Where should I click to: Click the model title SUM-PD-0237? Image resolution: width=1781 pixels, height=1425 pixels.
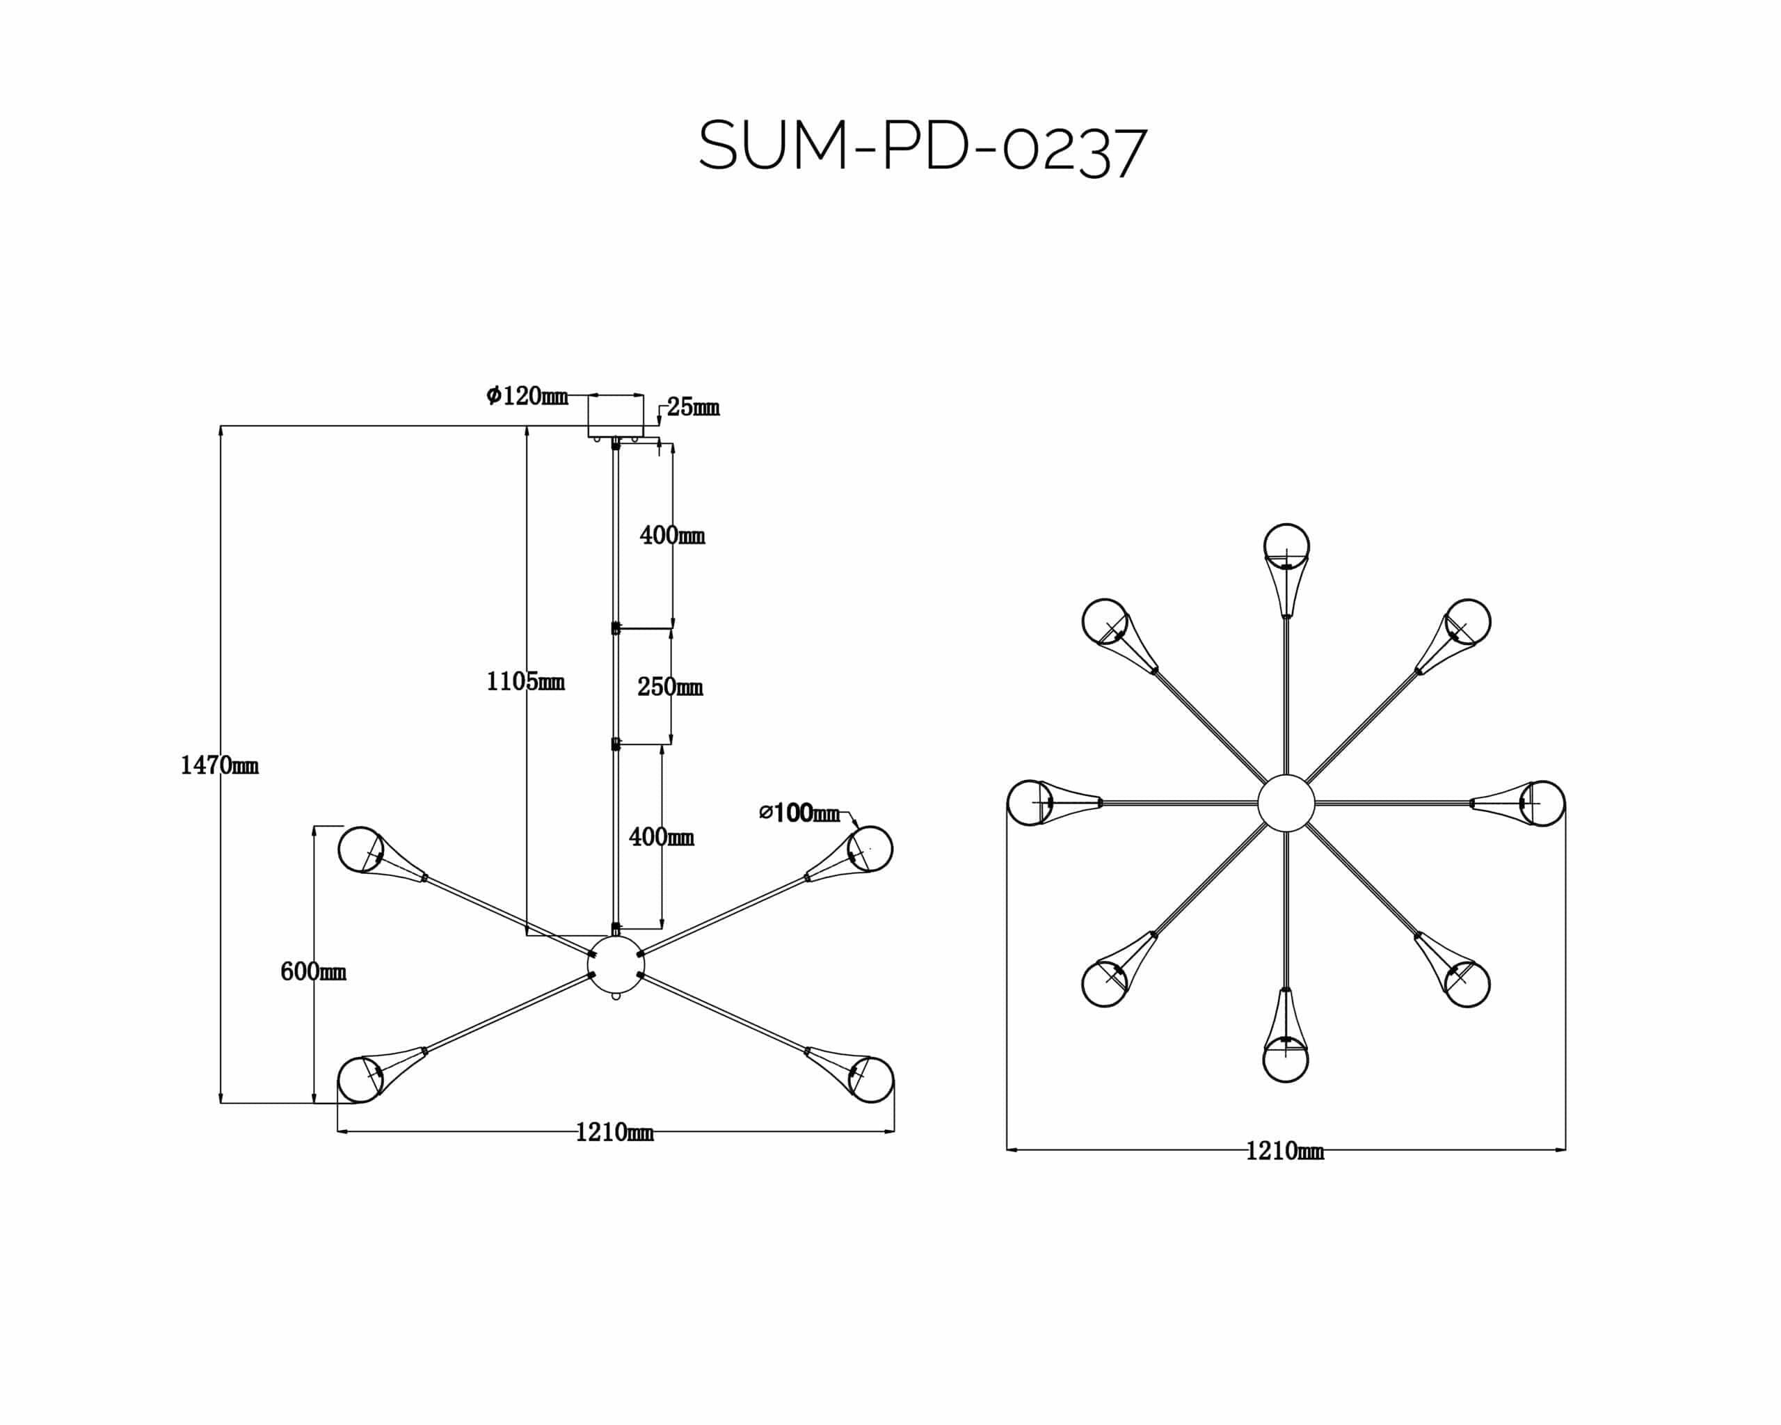(922, 149)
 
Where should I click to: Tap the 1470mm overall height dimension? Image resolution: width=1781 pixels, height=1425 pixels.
(219, 766)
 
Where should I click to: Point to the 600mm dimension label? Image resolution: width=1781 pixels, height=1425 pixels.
(312, 971)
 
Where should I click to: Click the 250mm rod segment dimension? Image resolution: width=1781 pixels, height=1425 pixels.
(669, 687)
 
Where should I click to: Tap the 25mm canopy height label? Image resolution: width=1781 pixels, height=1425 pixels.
(692, 407)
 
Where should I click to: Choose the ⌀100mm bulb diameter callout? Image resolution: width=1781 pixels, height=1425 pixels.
(799, 813)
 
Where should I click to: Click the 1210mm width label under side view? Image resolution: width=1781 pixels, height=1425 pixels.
(614, 1132)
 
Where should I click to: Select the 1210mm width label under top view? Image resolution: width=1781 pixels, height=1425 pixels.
(1284, 1151)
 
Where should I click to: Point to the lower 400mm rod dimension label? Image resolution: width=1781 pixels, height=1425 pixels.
(661, 837)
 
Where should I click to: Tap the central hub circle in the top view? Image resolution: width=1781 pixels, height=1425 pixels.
(1286, 802)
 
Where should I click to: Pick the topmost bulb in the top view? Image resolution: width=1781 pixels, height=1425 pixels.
(1286, 546)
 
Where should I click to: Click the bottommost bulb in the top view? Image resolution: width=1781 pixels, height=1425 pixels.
(1286, 1060)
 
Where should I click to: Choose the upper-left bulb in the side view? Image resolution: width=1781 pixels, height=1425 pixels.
(360, 849)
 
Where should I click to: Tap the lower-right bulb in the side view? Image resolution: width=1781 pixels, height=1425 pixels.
(872, 1079)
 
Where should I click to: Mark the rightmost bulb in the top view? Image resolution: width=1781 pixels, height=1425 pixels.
(1542, 803)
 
